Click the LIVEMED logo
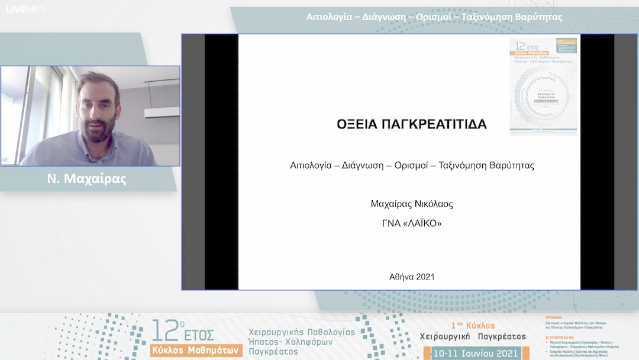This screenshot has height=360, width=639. [25, 9]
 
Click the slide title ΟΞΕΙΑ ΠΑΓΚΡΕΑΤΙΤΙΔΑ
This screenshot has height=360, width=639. [412, 124]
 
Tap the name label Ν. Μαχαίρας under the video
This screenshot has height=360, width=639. [87, 179]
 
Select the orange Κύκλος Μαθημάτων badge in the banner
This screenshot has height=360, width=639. [196, 350]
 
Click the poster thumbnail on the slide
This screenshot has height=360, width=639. [543, 86]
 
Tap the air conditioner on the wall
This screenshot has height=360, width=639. [162, 112]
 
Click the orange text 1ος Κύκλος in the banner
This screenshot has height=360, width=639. [473, 326]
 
